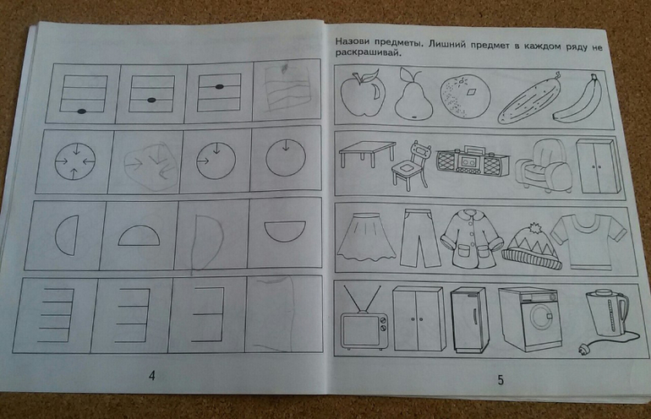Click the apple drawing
[x=363, y=94]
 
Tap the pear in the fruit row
[x=413, y=96]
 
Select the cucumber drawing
[x=529, y=98]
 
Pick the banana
[x=579, y=101]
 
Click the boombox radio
[x=473, y=161]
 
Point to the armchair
[x=544, y=166]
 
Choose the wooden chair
[x=410, y=166]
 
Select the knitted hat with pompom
[x=532, y=247]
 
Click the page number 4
[x=152, y=375]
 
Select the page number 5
[x=501, y=379]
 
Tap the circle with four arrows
[x=75, y=162]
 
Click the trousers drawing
[x=418, y=238]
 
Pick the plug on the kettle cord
[x=582, y=352]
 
